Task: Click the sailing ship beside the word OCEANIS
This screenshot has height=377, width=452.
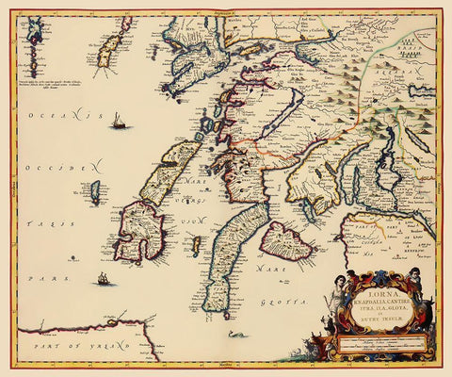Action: click(118, 121)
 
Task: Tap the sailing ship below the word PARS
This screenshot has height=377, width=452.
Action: click(102, 278)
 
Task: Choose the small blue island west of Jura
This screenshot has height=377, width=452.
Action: click(96, 192)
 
